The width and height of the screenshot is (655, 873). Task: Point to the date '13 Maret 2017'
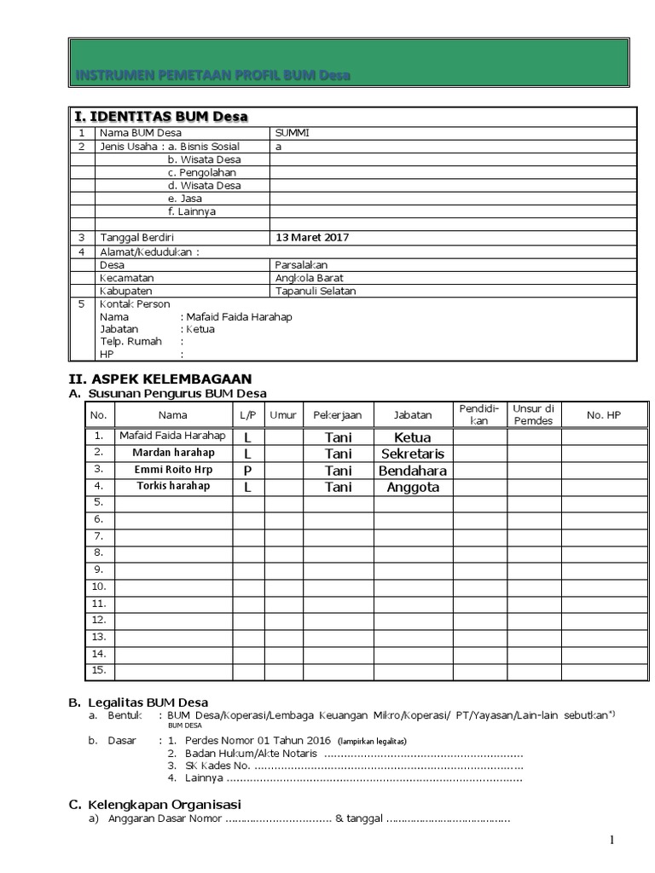311,238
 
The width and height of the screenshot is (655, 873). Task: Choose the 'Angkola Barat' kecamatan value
310,278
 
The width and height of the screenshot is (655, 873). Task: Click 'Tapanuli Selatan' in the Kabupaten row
315,291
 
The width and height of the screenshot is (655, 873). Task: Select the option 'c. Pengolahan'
202,172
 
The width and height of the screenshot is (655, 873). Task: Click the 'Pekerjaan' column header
338,415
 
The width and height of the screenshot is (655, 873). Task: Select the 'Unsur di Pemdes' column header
533,414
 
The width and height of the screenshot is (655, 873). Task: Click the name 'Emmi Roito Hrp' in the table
172,469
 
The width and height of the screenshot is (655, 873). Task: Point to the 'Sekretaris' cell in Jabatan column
413,454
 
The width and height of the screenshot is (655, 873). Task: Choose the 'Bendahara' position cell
413,471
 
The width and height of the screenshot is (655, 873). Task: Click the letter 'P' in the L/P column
248,471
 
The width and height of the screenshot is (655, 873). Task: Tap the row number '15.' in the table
98,670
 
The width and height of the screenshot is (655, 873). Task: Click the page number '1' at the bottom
612,841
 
